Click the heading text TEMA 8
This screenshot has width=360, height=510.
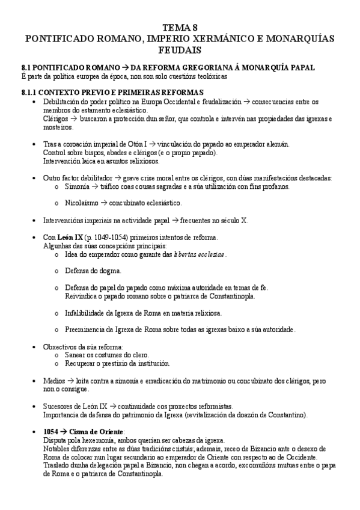180,28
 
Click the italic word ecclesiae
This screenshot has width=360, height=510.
207,254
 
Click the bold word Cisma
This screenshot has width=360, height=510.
81,432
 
